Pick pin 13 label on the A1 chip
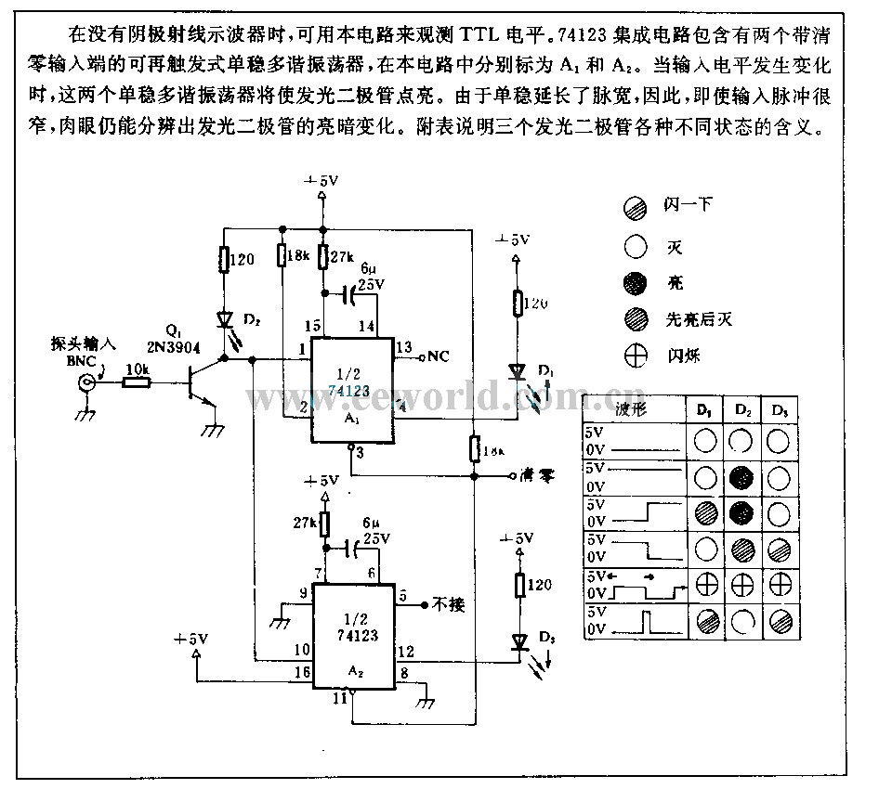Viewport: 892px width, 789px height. [402, 348]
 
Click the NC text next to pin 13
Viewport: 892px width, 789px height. [439, 356]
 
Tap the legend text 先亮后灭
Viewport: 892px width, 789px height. [700, 319]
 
